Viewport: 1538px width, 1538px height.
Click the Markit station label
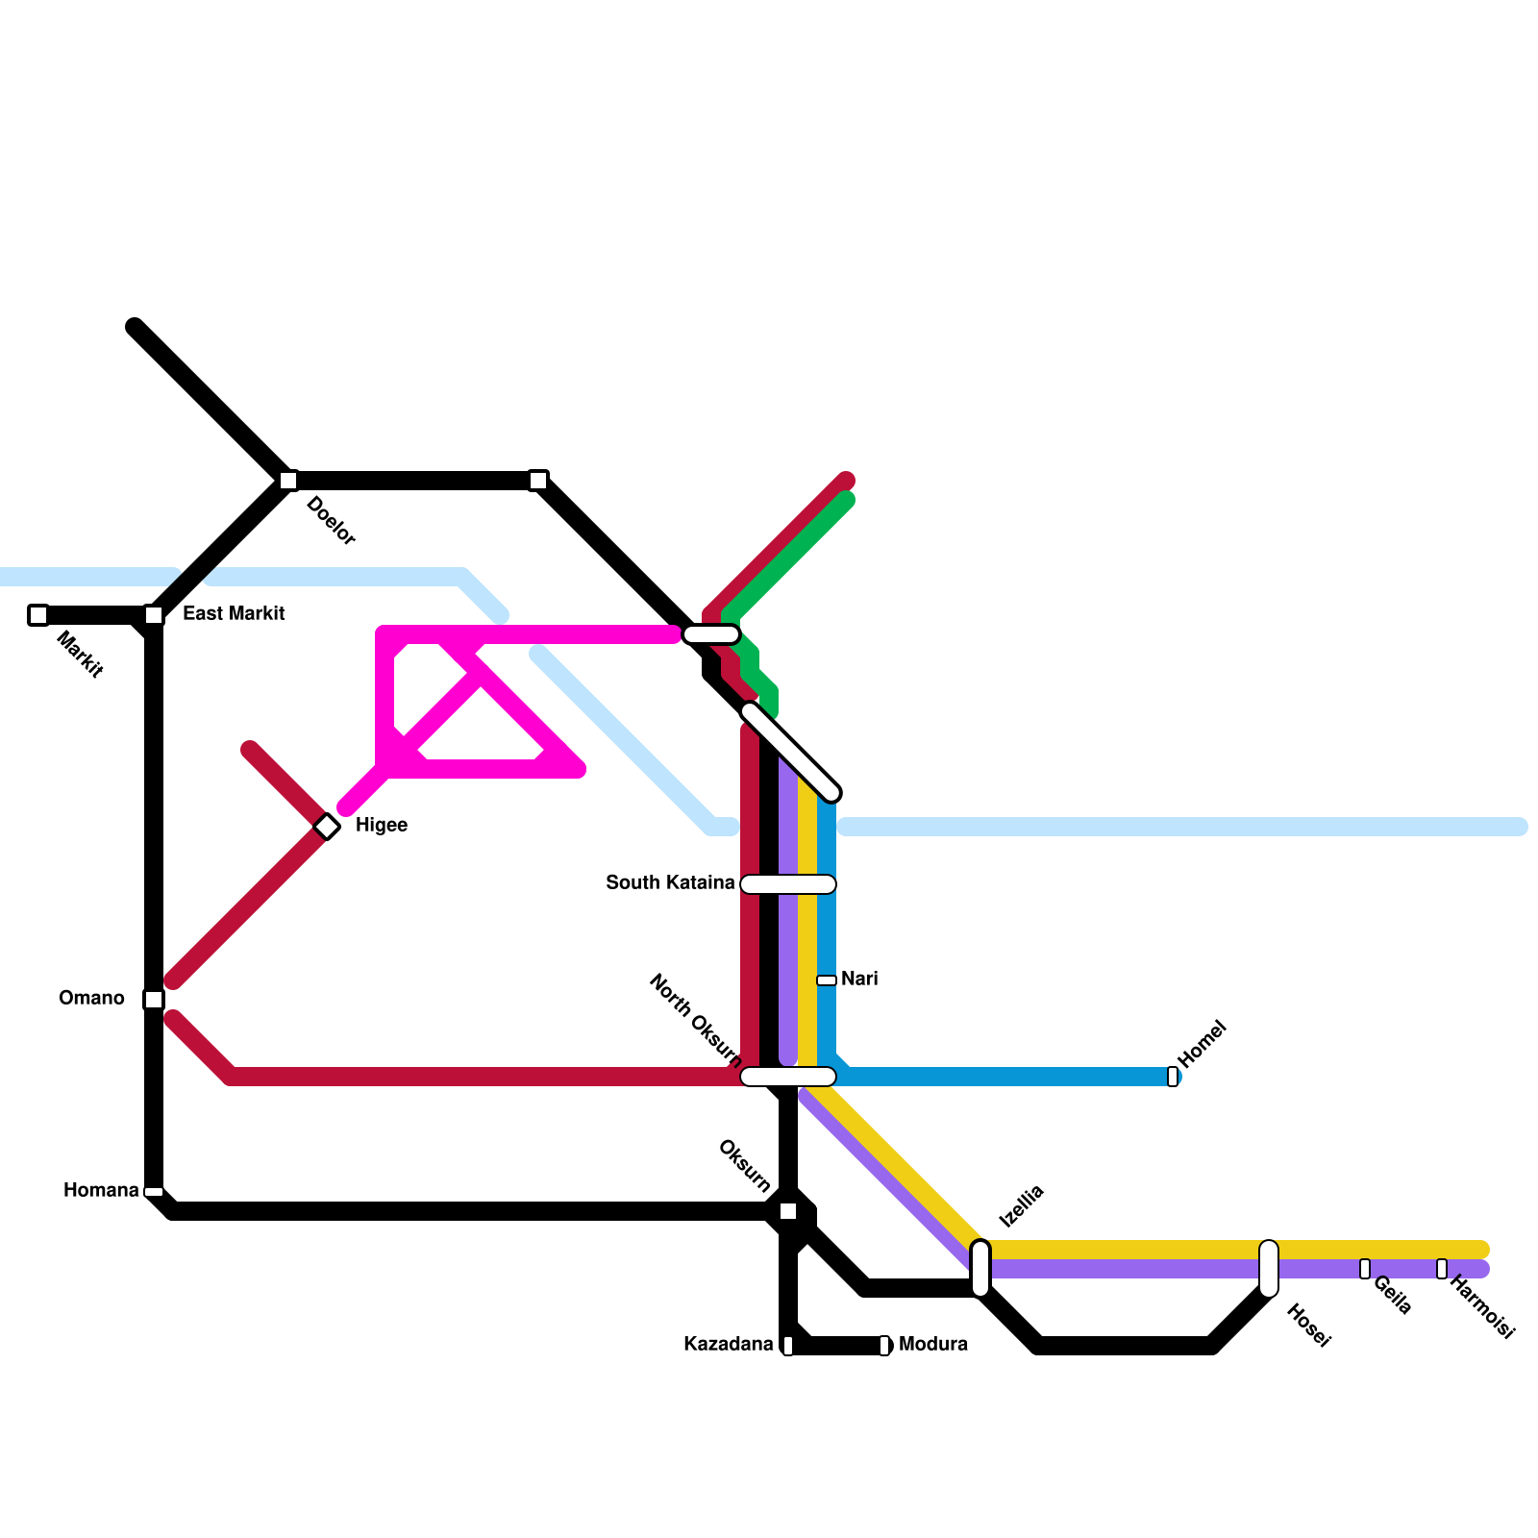click(x=80, y=655)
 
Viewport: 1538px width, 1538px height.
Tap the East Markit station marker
click(x=154, y=615)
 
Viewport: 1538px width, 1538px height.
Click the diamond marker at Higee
click(x=327, y=827)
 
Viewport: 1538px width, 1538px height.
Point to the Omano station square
click(x=154, y=1000)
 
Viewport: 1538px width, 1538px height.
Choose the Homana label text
click(x=101, y=1191)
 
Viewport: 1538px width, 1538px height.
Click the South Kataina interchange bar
click(x=788, y=884)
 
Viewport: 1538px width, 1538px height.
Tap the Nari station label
click(x=859, y=980)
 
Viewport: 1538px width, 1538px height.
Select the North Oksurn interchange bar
click(x=788, y=1077)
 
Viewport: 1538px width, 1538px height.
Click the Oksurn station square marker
click(x=788, y=1211)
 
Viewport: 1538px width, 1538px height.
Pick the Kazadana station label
click(x=728, y=1345)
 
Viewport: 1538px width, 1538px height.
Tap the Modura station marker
click(x=884, y=1346)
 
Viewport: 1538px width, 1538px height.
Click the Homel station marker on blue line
click(x=1173, y=1077)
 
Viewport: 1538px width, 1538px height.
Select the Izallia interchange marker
click(x=980, y=1269)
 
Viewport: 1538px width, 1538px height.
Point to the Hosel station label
click(x=1308, y=1326)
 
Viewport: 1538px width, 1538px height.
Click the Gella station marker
click(x=1365, y=1269)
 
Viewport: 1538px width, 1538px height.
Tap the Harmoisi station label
click(x=1481, y=1306)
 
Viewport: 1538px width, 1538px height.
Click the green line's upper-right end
click(x=847, y=500)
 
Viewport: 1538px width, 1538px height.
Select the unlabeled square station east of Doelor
click(x=538, y=481)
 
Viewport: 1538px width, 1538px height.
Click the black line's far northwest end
click(x=135, y=327)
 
